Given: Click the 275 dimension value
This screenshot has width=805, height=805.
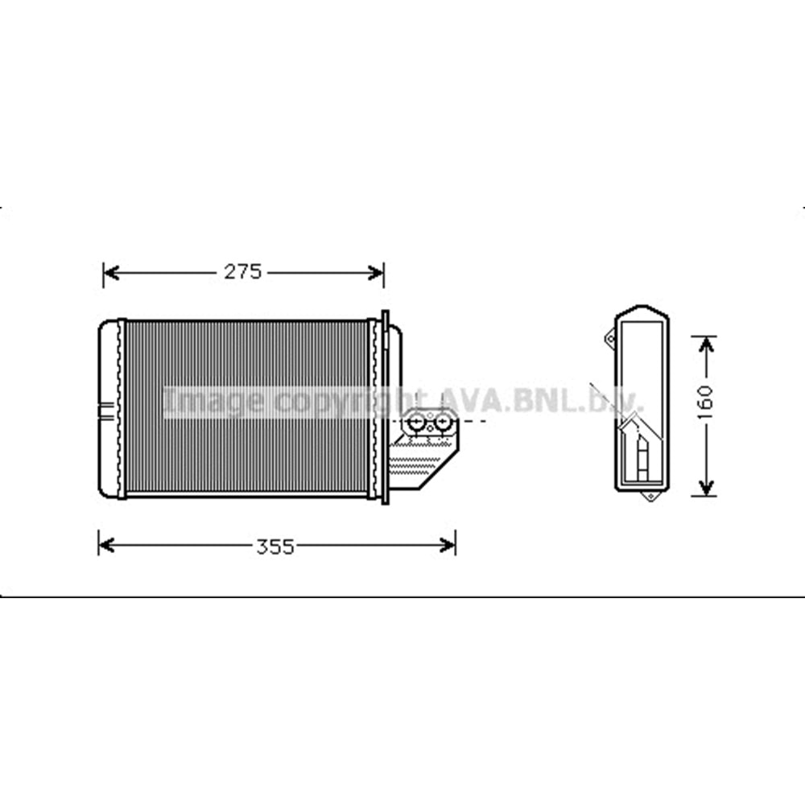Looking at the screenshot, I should point(242,273).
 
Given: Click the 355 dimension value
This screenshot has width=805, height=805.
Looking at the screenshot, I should point(275,547).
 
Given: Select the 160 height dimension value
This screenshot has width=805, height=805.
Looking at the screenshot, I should point(704,402).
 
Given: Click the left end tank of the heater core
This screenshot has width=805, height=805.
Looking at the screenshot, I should point(108,407).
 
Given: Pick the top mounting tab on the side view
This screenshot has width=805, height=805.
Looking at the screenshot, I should point(609,340).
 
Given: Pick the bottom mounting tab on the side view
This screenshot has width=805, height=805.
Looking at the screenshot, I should point(650,496).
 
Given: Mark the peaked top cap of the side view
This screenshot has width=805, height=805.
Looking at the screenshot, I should point(641,311).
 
